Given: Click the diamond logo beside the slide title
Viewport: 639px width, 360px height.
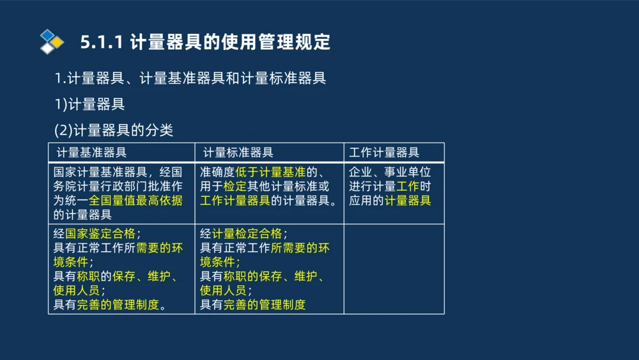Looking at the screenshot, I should coord(52,42).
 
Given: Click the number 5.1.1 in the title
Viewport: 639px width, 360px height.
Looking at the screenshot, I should coord(102,42).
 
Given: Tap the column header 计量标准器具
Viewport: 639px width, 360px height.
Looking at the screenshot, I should coord(238,153).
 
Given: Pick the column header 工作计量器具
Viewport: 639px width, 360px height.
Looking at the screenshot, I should coord(384,153).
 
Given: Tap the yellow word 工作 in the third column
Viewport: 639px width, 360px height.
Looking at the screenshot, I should coord(408,186).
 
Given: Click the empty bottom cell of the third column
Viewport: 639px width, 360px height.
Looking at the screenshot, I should coord(394,269).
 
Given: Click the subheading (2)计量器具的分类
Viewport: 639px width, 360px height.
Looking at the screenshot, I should coord(114,130).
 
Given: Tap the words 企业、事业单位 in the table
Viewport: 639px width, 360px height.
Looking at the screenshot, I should coord(390,172).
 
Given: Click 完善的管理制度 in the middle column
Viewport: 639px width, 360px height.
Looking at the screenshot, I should coord(265,304).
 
